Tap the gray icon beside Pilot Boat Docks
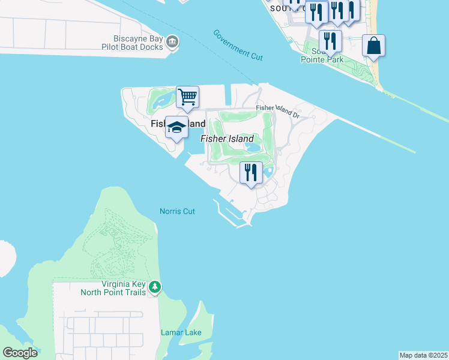[173, 41]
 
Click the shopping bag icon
[373, 46]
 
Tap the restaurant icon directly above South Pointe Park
[330, 41]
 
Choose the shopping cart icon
[188, 97]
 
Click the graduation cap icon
[176, 127]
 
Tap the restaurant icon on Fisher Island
[251, 173]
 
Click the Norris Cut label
[177, 211]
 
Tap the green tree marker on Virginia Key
[155, 287]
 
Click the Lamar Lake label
[181, 332]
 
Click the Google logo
[20, 353]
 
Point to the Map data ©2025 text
[423, 355]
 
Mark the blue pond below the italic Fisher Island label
[253, 147]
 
